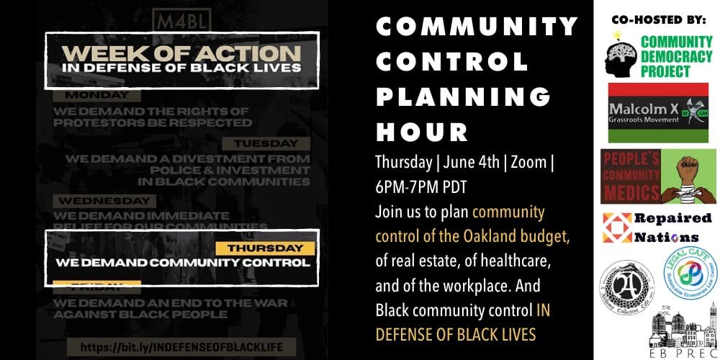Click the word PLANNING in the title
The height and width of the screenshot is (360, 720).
coord(461,96)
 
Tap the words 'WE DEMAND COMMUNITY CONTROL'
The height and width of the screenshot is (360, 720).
coord(183,262)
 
